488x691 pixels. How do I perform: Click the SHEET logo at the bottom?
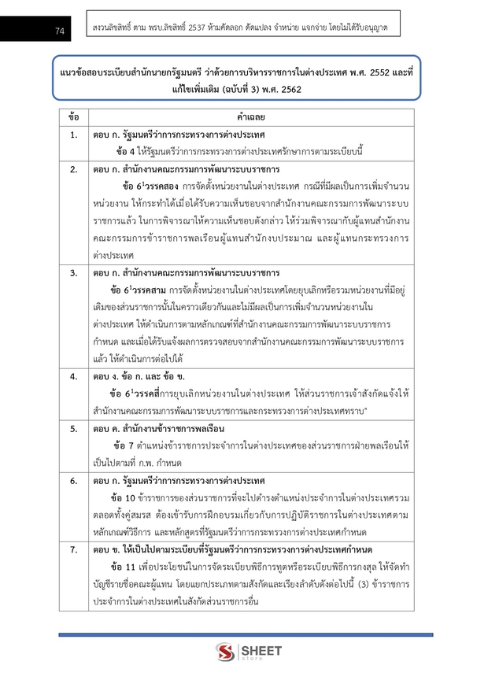coord(244,652)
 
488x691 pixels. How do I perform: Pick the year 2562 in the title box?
coord(287,89)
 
